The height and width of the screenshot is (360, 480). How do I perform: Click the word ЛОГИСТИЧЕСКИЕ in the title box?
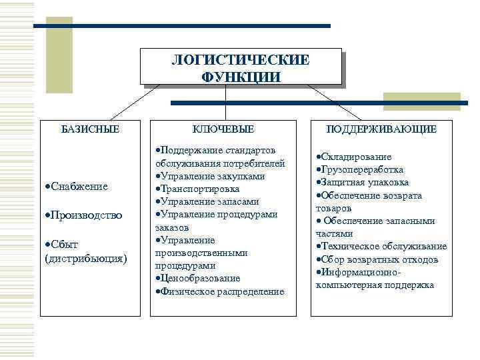(241, 60)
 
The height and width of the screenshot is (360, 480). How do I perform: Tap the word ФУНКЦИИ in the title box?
(241, 77)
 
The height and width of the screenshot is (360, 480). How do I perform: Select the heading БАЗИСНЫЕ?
(91, 129)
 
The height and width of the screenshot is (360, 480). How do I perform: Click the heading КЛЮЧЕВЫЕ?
(224, 129)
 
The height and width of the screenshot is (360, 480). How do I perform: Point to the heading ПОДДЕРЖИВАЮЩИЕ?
(381, 129)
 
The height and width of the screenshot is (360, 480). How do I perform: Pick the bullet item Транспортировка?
(198, 189)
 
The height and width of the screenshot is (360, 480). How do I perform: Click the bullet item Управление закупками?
(211, 176)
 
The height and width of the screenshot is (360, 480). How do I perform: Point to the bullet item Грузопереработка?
(363, 170)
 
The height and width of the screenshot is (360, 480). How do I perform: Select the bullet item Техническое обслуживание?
(383, 247)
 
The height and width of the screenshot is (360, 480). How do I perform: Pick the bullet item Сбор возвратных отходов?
(378, 259)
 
